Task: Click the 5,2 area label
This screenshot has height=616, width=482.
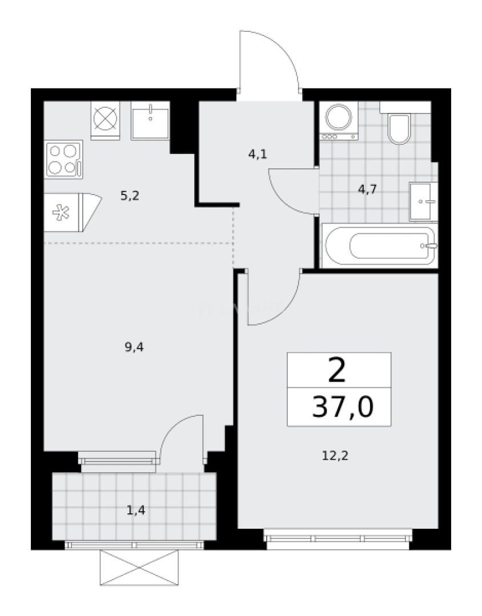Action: pyautogui.click(x=130, y=196)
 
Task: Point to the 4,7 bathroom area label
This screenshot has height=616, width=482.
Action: pyautogui.click(x=367, y=189)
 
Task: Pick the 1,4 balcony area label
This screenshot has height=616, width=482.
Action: pyautogui.click(x=136, y=510)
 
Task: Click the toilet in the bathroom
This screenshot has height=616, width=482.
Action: pyautogui.click(x=398, y=128)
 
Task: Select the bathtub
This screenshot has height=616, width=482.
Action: pyautogui.click(x=379, y=246)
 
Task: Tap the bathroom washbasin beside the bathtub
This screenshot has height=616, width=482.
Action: pyautogui.click(x=423, y=201)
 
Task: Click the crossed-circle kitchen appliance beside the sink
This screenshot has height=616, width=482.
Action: pyautogui.click(x=105, y=120)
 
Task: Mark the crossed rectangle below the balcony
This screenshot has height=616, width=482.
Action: pyautogui.click(x=139, y=568)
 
